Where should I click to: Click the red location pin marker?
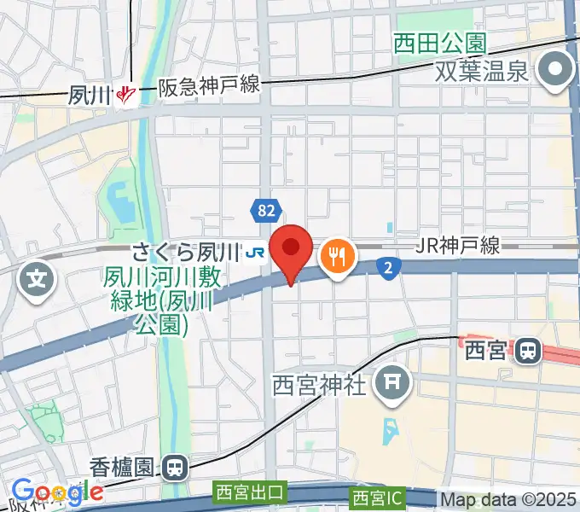pyautogui.click(x=291, y=249)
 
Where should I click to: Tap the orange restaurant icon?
pyautogui.click(x=337, y=255)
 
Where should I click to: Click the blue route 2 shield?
pyautogui.click(x=388, y=269)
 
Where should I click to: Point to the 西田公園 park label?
pyautogui.click(x=439, y=42)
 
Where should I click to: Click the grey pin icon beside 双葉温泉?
pyautogui.click(x=558, y=70)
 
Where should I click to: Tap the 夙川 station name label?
pyautogui.click(x=90, y=94)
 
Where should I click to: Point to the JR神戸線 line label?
pyautogui.click(x=457, y=246)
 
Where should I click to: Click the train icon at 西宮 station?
pyautogui.click(x=530, y=349)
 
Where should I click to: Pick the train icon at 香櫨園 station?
pyautogui.click(x=176, y=467)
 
